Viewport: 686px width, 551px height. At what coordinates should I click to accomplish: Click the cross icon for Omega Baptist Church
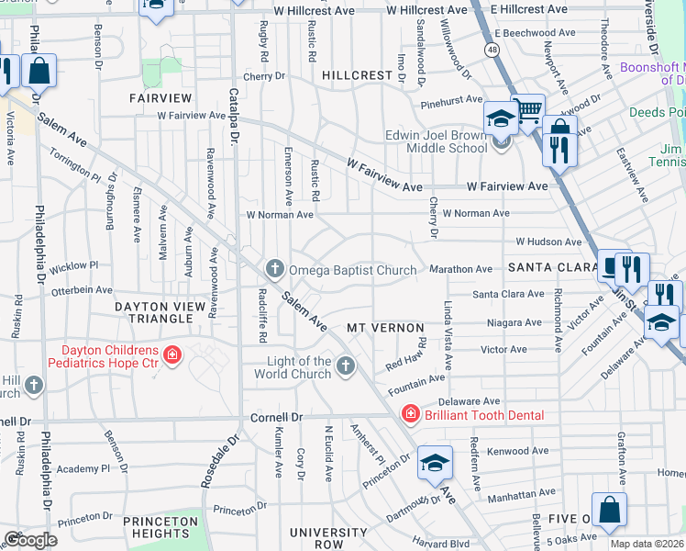(x=273, y=269)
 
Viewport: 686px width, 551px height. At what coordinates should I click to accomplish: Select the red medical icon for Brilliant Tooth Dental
(x=410, y=415)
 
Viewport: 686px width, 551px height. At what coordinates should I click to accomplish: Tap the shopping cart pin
(x=527, y=112)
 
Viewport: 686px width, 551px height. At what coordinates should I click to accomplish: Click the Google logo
(x=30, y=540)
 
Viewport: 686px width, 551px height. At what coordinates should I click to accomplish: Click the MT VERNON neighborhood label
(x=385, y=328)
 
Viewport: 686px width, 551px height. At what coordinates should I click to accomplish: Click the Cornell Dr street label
(x=276, y=417)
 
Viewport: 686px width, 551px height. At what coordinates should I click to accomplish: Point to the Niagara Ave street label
(x=514, y=322)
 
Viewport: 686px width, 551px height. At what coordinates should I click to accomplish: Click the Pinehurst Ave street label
(x=451, y=99)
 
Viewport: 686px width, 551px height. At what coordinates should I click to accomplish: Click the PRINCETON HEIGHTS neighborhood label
(x=160, y=527)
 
